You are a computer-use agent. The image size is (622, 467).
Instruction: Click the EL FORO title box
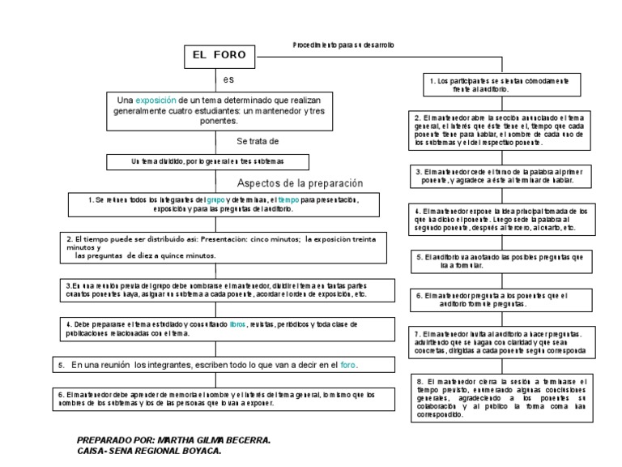[x=219, y=57]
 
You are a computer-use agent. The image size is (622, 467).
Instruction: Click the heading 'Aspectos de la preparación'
[x=300, y=182]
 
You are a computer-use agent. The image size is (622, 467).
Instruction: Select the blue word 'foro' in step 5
[x=348, y=365]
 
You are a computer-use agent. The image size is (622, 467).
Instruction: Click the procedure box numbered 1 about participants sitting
[x=498, y=84]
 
